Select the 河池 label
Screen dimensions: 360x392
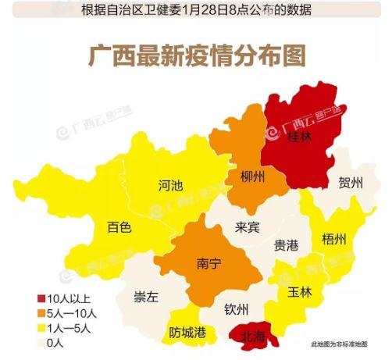tap(170, 186)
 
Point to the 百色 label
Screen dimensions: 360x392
tap(119, 228)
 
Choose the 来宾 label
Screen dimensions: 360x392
tap(248, 228)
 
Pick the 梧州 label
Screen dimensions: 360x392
tap(333, 239)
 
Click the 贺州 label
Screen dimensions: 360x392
tap(351, 184)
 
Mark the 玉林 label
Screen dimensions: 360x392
tap(299, 293)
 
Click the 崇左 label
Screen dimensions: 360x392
tap(146, 297)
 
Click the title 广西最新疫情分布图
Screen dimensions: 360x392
tap(195, 58)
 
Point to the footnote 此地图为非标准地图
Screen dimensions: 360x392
tap(344, 344)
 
